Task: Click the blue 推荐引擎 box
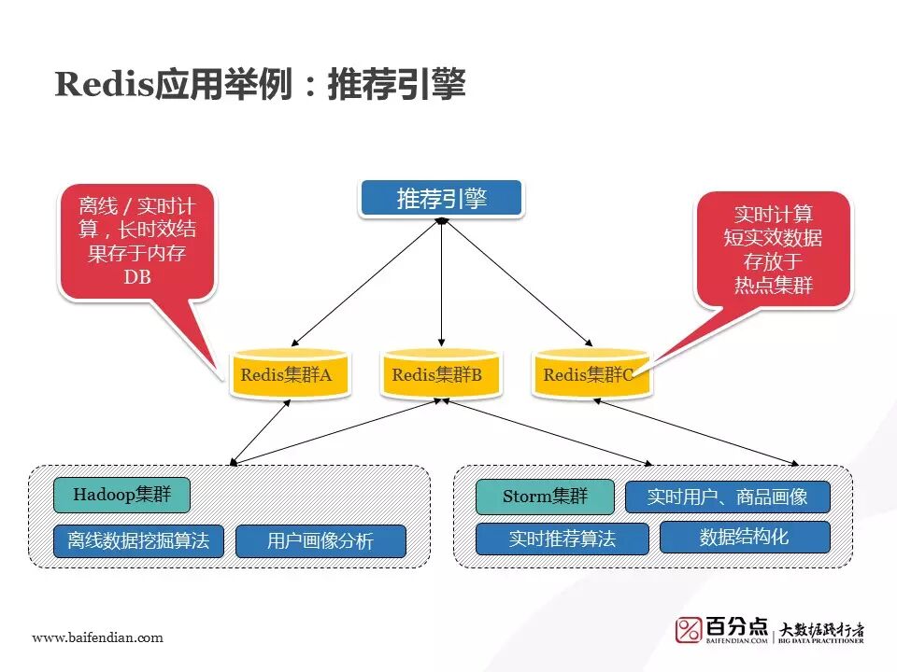pyautogui.click(x=441, y=199)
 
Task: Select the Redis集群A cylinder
pyautogui.click(x=288, y=375)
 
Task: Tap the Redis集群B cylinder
pyautogui.click(x=440, y=375)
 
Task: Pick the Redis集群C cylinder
pyautogui.click(x=591, y=375)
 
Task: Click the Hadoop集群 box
pyautogui.click(x=121, y=495)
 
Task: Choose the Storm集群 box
pyautogui.click(x=545, y=497)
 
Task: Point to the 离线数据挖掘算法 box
pyautogui.click(x=138, y=541)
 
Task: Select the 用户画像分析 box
pyautogui.click(x=320, y=541)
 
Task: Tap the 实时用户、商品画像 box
pyautogui.click(x=727, y=497)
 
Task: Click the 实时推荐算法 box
pyautogui.click(x=562, y=539)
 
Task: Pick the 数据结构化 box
pyautogui.click(x=745, y=537)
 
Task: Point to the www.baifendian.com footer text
pyautogui.click(x=97, y=637)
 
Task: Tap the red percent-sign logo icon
pyautogui.click(x=689, y=630)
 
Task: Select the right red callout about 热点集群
pyautogui.click(x=773, y=248)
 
